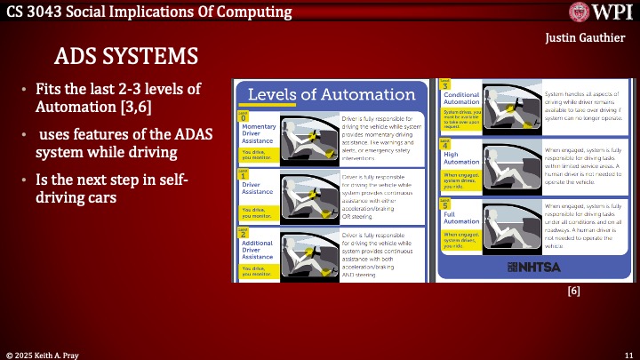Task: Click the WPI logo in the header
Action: [x=600, y=12]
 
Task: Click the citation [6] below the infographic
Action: [x=573, y=290]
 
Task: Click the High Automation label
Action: [x=461, y=157]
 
